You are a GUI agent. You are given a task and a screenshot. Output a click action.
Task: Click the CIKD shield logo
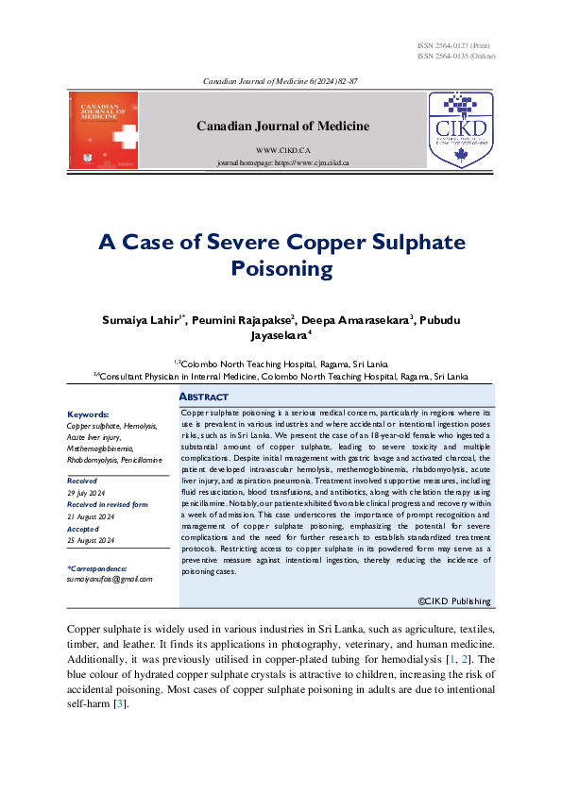tap(461, 130)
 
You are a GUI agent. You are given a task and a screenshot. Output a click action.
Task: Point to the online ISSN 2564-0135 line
tap(455, 56)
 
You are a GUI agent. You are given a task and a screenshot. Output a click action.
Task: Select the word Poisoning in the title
tap(281, 269)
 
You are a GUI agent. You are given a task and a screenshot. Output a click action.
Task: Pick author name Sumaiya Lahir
tap(143, 321)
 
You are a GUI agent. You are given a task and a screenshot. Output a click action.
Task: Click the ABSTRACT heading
tap(203, 397)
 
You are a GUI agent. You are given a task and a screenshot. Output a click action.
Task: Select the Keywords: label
tap(88, 414)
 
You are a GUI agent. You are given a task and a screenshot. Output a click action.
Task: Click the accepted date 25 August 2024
tap(92, 540)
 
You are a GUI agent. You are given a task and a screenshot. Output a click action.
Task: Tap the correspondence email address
tap(110, 578)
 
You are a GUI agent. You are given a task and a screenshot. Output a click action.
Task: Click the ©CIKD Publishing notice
tap(454, 600)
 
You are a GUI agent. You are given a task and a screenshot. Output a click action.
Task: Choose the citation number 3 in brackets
tap(119, 703)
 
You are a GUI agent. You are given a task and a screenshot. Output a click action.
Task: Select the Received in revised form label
tap(108, 505)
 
